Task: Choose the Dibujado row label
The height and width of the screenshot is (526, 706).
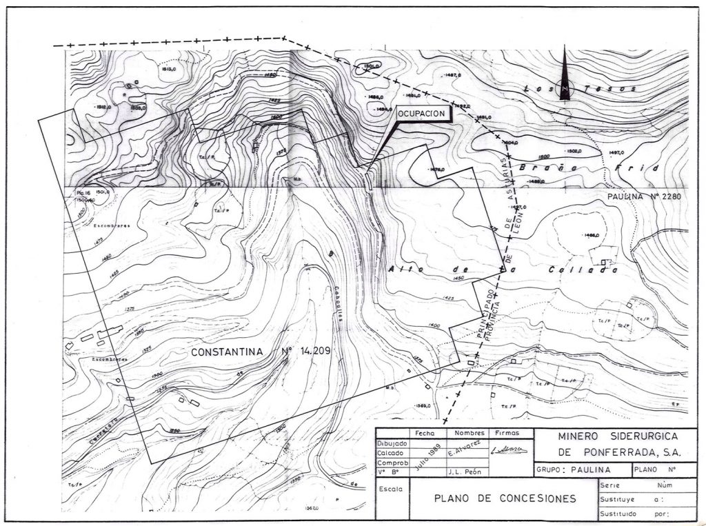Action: (x=392, y=443)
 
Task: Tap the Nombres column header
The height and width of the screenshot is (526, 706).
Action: (x=467, y=433)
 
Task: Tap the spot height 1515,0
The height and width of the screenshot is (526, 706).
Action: (x=169, y=69)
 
